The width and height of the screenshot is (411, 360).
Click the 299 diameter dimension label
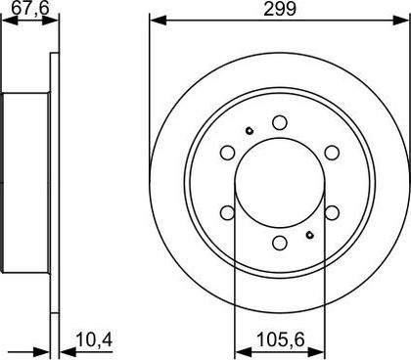click(280, 9)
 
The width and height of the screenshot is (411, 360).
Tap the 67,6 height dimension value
click(30, 8)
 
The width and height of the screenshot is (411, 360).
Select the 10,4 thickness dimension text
click(94, 339)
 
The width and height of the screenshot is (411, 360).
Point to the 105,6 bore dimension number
click(281, 339)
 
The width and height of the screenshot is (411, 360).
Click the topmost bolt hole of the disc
click(280, 122)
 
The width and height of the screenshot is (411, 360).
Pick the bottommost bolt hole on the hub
click(280, 243)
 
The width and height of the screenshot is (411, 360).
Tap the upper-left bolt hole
click(228, 153)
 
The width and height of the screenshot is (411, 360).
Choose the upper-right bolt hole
click(332, 153)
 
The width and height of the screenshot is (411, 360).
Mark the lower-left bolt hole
click(228, 212)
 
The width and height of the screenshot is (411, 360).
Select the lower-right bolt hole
click(332, 212)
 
